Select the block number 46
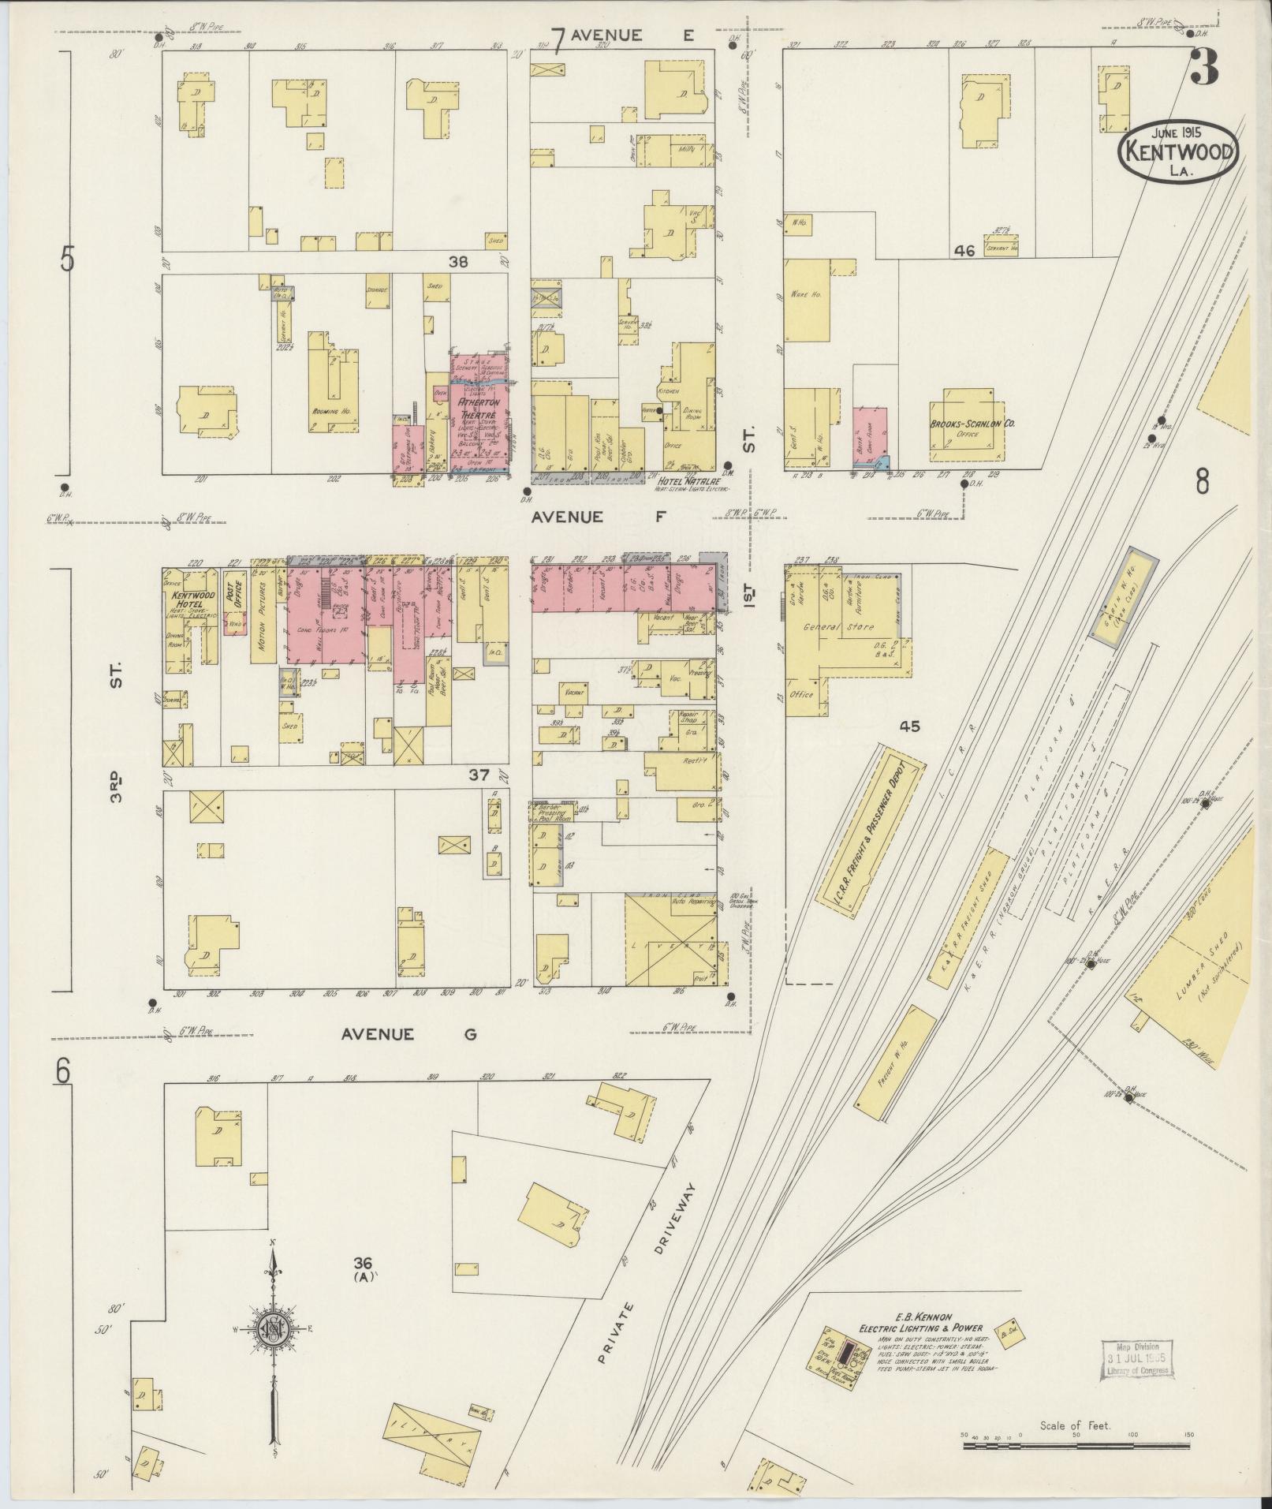coord(964,251)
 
